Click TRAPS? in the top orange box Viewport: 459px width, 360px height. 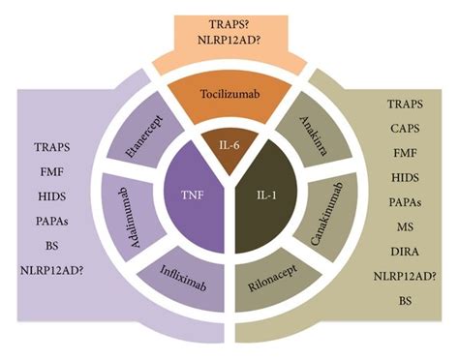click(229, 18)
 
